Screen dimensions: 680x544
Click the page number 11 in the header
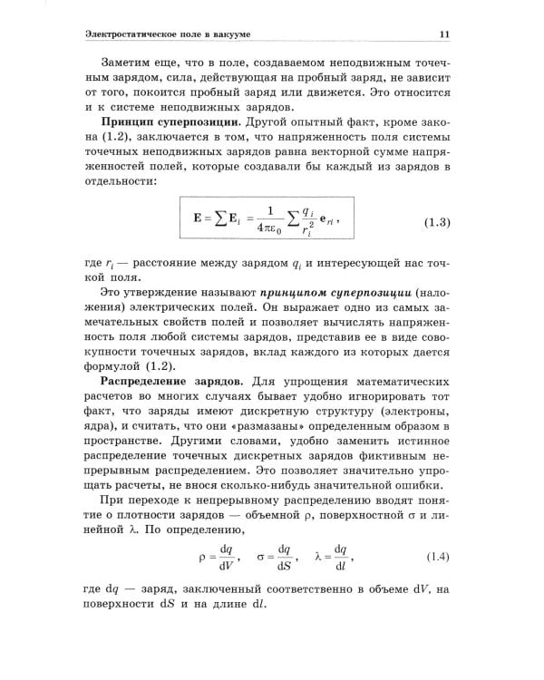tap(444, 34)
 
